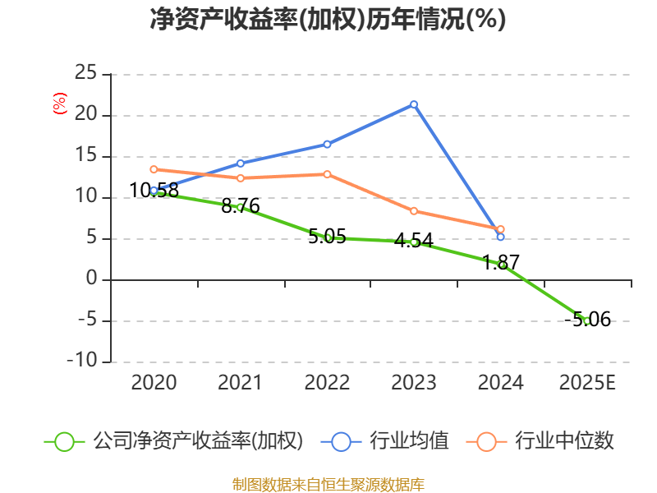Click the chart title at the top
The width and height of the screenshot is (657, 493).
click(x=328, y=19)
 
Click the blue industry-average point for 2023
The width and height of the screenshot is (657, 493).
click(x=414, y=104)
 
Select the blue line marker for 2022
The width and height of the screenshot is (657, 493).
click(x=327, y=145)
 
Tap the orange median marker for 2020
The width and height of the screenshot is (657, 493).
click(x=154, y=169)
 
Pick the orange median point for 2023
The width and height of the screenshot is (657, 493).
click(x=414, y=211)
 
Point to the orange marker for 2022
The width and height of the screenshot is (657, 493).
click(x=327, y=174)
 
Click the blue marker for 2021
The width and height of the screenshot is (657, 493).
click(x=241, y=164)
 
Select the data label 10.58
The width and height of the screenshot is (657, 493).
click(x=154, y=191)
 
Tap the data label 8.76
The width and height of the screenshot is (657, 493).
click(x=241, y=206)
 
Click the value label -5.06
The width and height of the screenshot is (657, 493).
click(x=587, y=320)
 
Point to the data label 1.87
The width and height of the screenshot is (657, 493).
click(x=501, y=263)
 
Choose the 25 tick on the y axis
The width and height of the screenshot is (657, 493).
click(x=85, y=73)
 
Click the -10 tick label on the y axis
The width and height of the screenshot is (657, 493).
click(x=82, y=361)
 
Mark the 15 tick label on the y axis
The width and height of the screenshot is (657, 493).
click(x=85, y=155)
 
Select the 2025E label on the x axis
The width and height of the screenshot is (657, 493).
click(x=587, y=383)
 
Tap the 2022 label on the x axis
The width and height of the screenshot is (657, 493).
click(x=327, y=383)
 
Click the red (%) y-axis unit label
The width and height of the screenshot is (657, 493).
click(x=59, y=104)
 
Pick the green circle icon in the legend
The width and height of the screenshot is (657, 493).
click(x=65, y=442)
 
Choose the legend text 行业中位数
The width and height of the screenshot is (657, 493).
click(x=564, y=441)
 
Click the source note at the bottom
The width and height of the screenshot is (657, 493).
click(x=328, y=485)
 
